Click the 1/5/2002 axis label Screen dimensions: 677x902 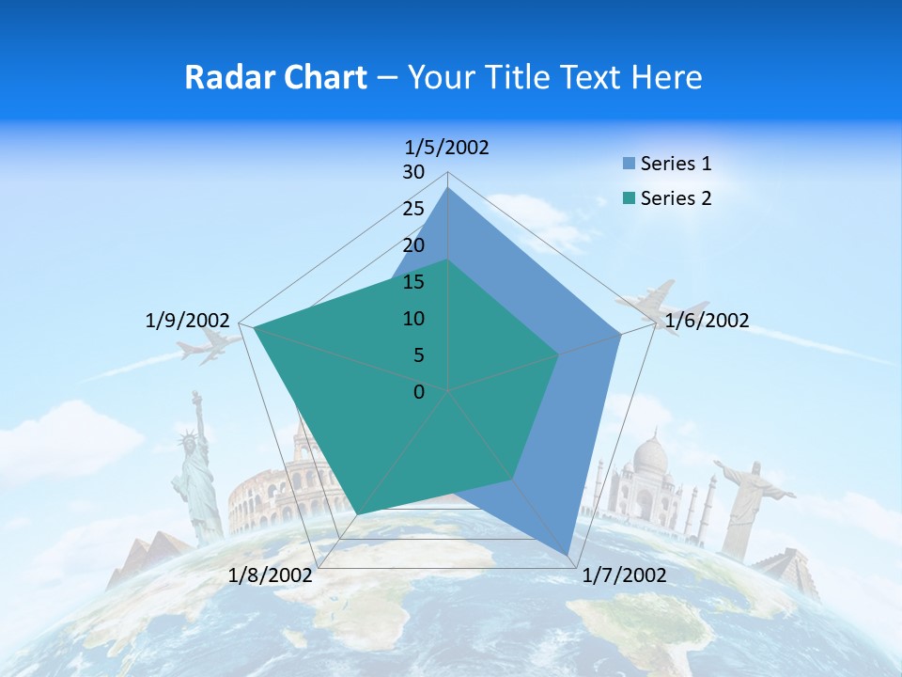(x=447, y=147)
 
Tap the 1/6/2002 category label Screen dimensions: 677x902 (x=707, y=321)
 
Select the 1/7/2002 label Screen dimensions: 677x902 (x=624, y=575)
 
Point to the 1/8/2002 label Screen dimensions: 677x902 (x=271, y=575)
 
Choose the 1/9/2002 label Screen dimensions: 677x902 (x=188, y=321)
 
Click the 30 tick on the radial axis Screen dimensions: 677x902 (x=413, y=172)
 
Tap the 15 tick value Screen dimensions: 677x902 (x=413, y=282)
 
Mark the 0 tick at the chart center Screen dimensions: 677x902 (x=419, y=392)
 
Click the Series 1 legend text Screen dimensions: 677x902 (x=676, y=164)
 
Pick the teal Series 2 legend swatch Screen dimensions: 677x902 (x=629, y=198)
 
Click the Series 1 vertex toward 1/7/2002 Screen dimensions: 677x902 (x=568, y=555)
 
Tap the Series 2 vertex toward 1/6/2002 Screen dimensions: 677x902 (x=559, y=354)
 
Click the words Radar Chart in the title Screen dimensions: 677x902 (x=274, y=77)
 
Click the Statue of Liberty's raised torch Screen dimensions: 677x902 (x=196, y=395)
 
